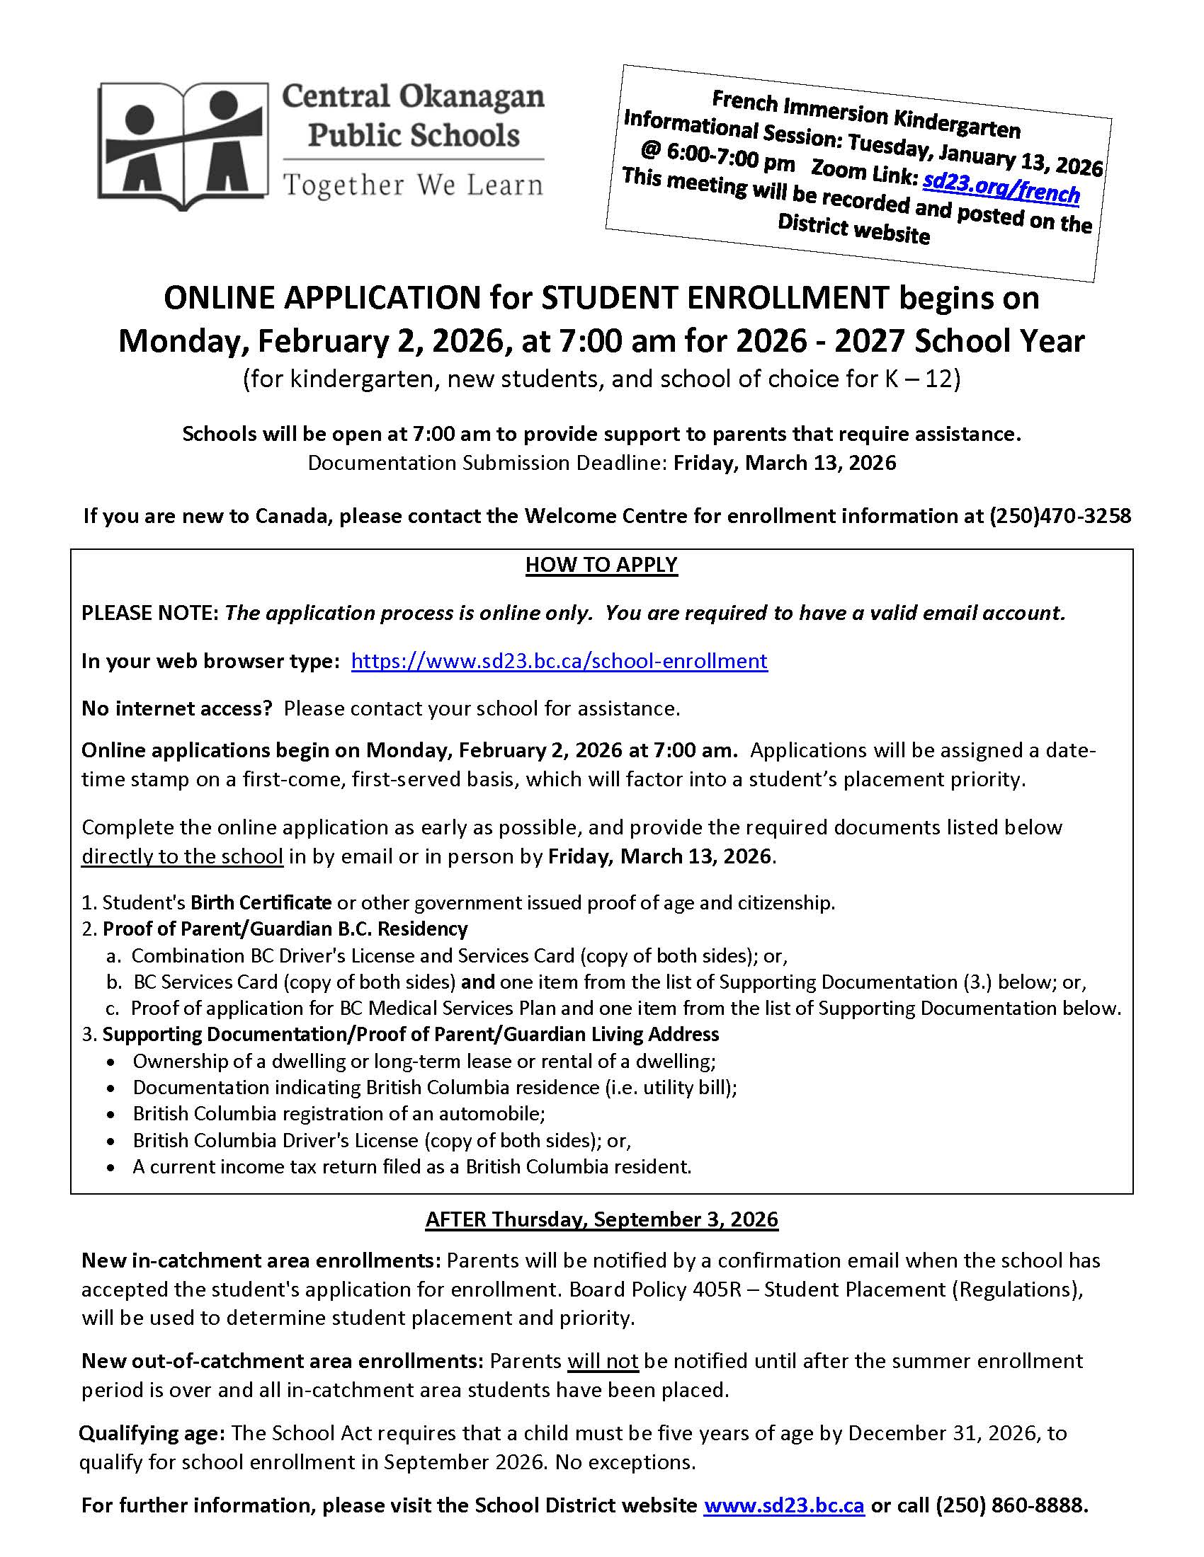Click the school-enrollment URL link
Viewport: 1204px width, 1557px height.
pos(560,661)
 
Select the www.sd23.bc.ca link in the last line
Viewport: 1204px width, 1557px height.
pos(784,1505)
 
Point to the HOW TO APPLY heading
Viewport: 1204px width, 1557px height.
pos(601,565)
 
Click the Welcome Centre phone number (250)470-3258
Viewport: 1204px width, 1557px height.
pos(1060,515)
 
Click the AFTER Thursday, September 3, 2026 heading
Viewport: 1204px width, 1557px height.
pos(601,1219)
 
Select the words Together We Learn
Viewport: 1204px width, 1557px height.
pos(413,185)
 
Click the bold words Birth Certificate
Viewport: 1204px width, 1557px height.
pos(261,902)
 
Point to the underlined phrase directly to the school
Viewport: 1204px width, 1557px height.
pos(182,856)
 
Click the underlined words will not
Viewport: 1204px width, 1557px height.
pos(603,1361)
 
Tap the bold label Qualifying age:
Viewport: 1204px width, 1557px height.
pos(152,1433)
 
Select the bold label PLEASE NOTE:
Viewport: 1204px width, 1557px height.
pos(149,613)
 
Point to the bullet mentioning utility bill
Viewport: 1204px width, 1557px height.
pos(434,1087)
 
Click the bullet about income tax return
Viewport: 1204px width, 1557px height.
pos(411,1166)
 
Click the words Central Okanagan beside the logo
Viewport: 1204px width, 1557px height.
pos(413,97)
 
